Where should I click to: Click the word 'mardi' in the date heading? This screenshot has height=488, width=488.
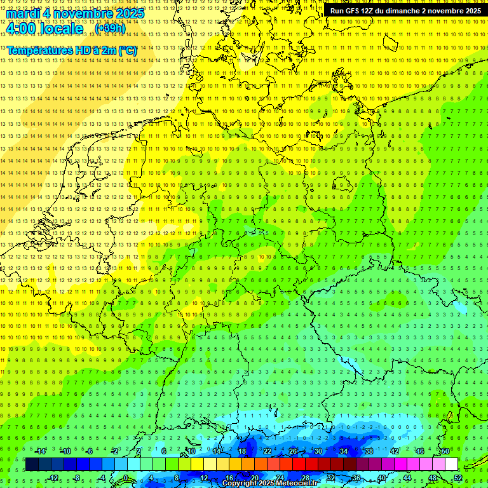click(x=23, y=13)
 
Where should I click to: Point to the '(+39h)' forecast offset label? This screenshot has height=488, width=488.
click(x=110, y=29)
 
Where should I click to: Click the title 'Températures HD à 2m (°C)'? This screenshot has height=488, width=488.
click(x=72, y=50)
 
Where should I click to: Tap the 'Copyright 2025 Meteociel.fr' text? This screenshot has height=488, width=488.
click(x=269, y=484)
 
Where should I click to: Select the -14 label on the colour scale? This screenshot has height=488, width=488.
click(x=41, y=451)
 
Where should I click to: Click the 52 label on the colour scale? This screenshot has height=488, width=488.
click(x=457, y=478)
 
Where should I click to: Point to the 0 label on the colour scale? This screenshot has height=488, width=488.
click(x=126, y=478)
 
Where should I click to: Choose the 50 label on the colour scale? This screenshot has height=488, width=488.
click(x=445, y=451)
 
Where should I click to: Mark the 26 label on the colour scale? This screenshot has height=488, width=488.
click(x=293, y=451)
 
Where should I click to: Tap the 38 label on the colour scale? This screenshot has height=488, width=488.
click(x=369, y=451)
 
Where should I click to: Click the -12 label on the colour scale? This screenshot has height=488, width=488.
click(x=53, y=478)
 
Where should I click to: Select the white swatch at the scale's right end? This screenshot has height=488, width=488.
click(x=451, y=464)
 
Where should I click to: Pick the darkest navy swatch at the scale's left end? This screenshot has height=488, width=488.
click(x=32, y=464)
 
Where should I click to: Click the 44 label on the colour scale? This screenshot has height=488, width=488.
click(x=407, y=478)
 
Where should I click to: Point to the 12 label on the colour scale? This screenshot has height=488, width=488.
click(x=204, y=478)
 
